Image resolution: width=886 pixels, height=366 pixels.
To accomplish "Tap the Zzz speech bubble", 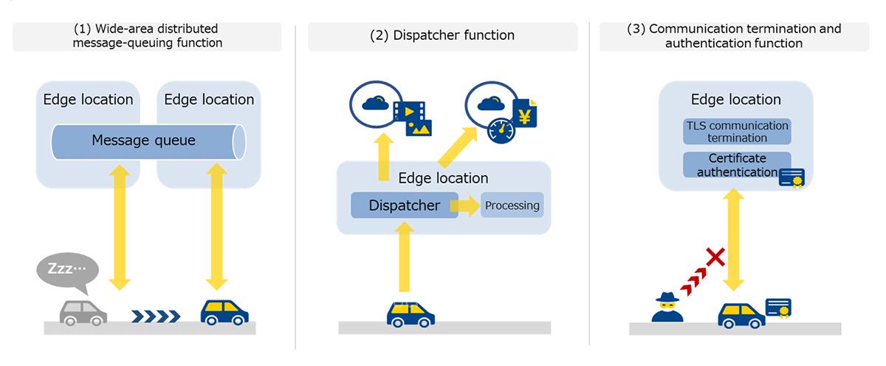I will (66, 268).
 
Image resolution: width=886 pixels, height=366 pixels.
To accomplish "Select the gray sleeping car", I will (83, 311).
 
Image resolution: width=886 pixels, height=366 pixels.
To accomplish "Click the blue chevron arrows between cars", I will (156, 316).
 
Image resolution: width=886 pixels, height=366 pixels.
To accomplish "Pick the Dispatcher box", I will (404, 205).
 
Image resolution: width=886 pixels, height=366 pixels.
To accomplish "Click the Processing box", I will (512, 205).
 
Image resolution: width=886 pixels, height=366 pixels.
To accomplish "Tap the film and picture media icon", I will (412, 118).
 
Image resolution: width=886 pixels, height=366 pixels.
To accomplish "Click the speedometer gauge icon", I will (503, 132).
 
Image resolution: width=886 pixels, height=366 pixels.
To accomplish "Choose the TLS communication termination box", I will (737, 132).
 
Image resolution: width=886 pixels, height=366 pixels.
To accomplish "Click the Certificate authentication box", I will (732, 165).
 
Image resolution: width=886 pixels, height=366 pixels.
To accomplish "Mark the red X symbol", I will (714, 258).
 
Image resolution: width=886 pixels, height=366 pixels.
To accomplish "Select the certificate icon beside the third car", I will (779, 310).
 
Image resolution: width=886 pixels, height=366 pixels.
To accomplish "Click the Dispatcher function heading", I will (442, 35).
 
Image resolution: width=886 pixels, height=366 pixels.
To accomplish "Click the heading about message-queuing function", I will (147, 35).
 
